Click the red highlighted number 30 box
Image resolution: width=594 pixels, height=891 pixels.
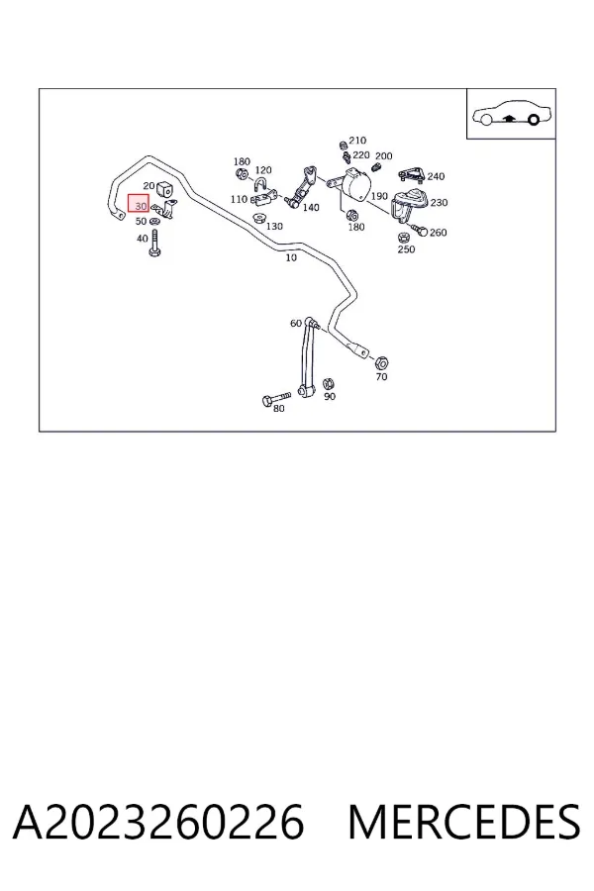coord(139,203)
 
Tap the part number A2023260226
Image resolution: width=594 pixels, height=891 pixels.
coord(158,822)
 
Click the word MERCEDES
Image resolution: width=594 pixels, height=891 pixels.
coord(464,822)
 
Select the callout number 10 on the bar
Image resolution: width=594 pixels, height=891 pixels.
coord(291,257)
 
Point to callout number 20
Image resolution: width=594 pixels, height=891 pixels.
coord(148,186)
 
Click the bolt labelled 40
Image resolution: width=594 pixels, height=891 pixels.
coord(154,244)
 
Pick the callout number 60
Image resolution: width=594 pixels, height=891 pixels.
coord(296,324)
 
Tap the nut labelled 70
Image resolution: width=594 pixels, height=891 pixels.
coord(382,362)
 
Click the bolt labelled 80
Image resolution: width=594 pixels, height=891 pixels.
coord(276,398)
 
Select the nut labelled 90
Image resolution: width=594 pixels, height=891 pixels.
coord(328,384)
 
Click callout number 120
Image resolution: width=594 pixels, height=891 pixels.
coord(263,170)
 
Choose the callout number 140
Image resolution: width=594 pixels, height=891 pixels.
coord(311,208)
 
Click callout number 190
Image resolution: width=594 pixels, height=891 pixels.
coord(379,196)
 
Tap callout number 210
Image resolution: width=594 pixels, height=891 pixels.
coord(357,141)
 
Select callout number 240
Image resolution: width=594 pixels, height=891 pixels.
coord(436,176)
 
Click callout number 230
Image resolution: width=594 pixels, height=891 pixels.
coord(439,202)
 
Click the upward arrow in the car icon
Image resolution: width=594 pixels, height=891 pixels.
coord(510,118)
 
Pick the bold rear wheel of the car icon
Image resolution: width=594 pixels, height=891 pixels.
coord(534,120)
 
